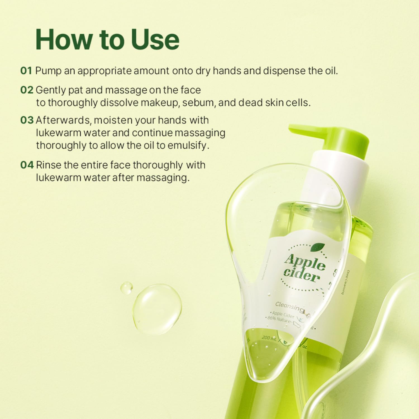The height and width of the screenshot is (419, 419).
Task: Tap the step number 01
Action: coord(26,71)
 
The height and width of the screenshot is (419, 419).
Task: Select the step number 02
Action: coord(27,90)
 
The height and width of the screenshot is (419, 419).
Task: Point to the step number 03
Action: coord(27,120)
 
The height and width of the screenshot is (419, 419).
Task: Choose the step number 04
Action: coord(27,165)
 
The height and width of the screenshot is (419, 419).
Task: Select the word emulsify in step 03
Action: coord(190,146)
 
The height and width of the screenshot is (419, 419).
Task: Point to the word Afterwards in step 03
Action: coord(63,120)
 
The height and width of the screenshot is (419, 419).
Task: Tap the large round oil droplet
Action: coord(157,309)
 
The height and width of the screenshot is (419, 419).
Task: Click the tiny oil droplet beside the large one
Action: coord(127,288)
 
